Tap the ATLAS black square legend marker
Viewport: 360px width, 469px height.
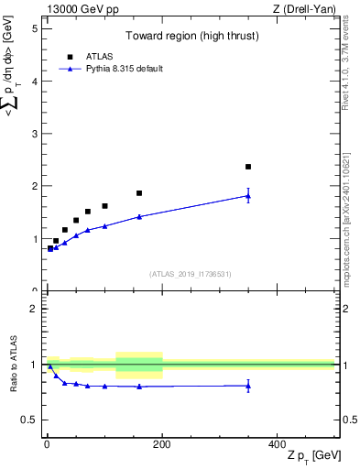[70, 56]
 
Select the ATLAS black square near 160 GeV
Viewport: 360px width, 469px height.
[139, 193]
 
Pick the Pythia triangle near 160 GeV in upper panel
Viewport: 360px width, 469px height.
[139, 216]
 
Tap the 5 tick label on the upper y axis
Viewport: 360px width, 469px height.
[34, 28]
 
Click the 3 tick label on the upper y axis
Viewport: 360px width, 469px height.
[34, 134]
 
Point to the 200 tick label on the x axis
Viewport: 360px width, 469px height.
[161, 443]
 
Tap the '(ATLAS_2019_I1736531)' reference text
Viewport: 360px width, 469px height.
[190, 274]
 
